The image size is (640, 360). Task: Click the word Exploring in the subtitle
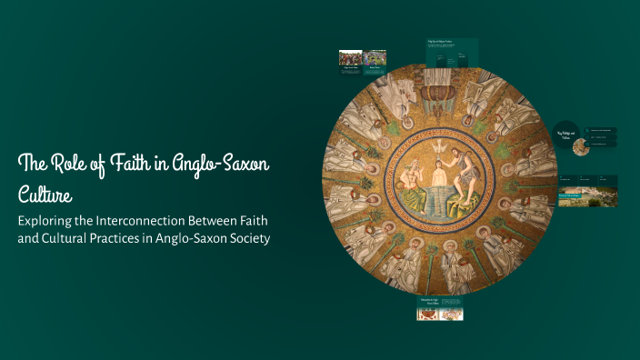pos(52,221)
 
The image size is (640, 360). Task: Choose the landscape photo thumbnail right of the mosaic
pos(575,197)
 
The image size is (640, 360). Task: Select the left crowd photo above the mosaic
pos(350,57)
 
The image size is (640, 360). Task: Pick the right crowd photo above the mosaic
pos(375,57)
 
